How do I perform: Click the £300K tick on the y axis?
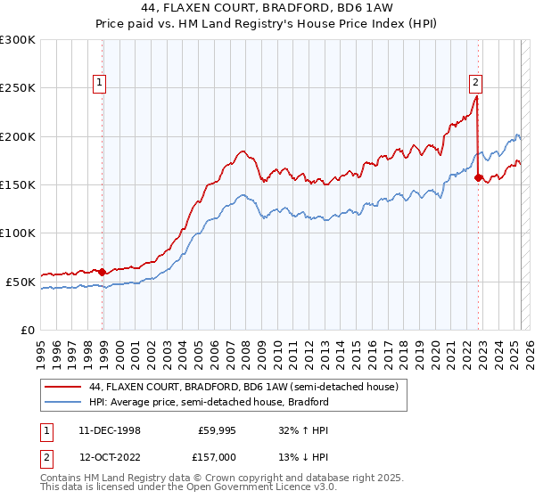coord(18,40)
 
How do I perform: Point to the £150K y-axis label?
coord(18,184)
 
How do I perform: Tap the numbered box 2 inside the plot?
coord(475,83)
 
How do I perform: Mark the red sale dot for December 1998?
coord(103,272)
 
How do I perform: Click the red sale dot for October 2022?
coord(479,177)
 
